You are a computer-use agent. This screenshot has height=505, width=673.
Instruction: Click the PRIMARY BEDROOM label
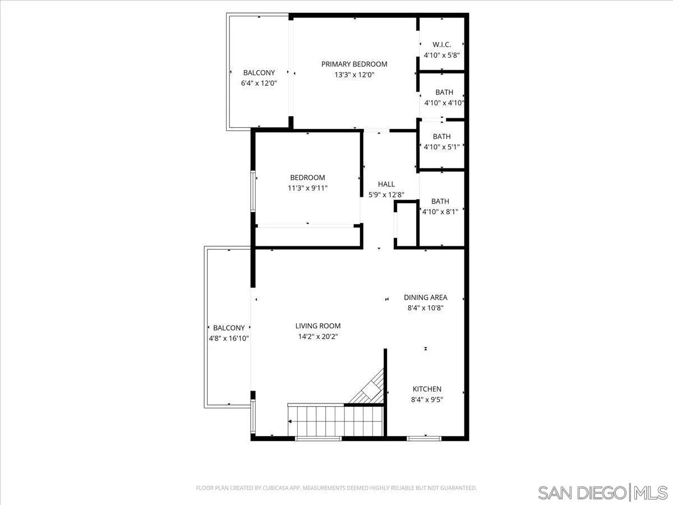click(354, 64)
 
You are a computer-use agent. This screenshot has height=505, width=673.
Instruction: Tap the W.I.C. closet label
click(442, 44)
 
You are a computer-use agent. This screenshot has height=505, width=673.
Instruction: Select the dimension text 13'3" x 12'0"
click(354, 75)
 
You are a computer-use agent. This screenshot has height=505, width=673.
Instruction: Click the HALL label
click(386, 184)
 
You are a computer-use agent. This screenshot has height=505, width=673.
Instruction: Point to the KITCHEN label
click(427, 389)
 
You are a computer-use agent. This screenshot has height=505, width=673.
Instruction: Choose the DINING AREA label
click(425, 297)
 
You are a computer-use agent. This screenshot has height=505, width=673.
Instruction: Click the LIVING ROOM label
click(318, 325)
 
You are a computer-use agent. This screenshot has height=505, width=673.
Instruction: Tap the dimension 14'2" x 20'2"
click(318, 337)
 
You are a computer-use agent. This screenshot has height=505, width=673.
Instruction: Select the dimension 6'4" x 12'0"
click(259, 83)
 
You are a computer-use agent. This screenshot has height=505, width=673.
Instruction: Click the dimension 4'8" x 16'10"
click(228, 338)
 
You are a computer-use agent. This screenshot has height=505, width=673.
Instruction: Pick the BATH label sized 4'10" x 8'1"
click(440, 201)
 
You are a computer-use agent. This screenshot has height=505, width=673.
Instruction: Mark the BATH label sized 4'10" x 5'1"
click(442, 136)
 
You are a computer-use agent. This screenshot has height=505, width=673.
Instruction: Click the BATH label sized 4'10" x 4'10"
click(444, 93)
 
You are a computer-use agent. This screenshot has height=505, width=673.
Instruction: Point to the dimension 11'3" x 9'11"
click(307, 189)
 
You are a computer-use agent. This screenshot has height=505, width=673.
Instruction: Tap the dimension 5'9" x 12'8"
click(386, 195)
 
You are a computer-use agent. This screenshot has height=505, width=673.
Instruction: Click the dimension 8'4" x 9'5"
click(427, 400)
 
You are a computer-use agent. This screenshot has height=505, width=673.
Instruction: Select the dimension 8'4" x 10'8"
click(425, 307)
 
